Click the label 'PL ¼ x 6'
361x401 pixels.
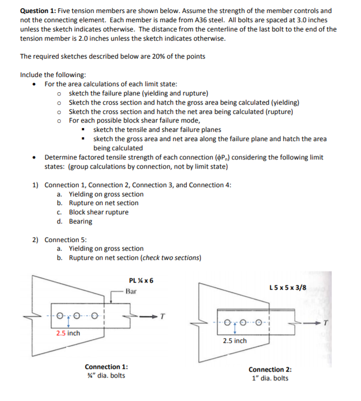[141, 281]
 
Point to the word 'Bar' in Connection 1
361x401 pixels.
[131, 291]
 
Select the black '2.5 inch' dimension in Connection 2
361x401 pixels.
[235, 341]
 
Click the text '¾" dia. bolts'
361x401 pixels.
[106, 375]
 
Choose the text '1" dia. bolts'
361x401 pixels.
[270, 378]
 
